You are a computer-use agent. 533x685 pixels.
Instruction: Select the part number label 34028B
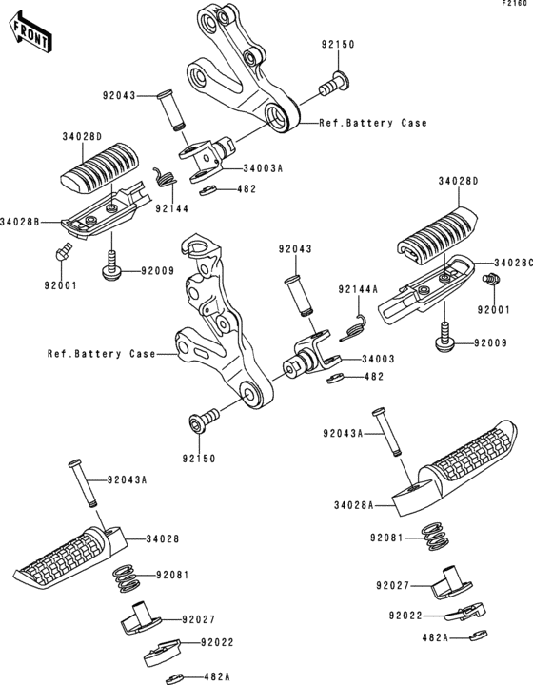tap(20, 221)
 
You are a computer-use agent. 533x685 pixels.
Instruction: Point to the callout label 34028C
tap(512, 261)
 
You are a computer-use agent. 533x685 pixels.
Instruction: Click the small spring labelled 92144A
tap(356, 325)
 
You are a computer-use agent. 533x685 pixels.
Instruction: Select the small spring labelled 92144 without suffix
tap(166, 178)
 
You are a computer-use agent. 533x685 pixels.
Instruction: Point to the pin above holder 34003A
tap(174, 110)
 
